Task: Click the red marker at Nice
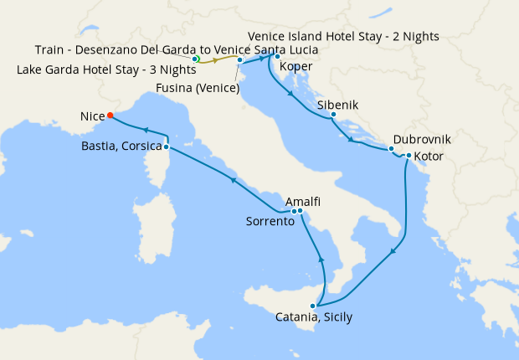[x=110, y=116]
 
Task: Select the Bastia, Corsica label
[x=121, y=147]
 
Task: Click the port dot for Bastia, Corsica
[x=166, y=147]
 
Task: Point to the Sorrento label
[x=270, y=222]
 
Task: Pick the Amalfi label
[x=303, y=202]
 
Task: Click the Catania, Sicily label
[x=314, y=317]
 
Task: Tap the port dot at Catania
[x=313, y=306]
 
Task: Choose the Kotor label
[x=429, y=156]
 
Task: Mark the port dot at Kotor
[x=408, y=156]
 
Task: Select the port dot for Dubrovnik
[x=391, y=149]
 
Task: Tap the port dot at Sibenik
[x=333, y=115]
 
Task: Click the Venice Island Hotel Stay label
[x=343, y=37]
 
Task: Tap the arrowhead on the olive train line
[x=216, y=60]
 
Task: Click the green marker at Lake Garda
[x=194, y=59]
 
